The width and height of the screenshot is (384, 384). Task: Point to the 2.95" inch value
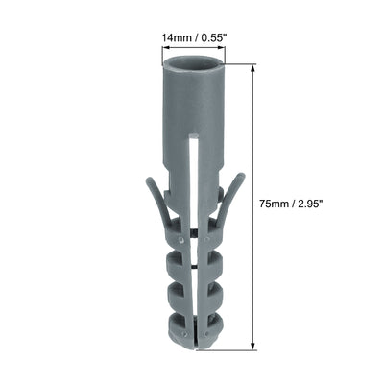pyautogui.click(x=315, y=204)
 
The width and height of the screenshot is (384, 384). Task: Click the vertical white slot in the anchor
pyautogui.click(x=194, y=182)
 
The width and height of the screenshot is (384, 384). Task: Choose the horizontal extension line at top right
pyautogui.click(x=240, y=63)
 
